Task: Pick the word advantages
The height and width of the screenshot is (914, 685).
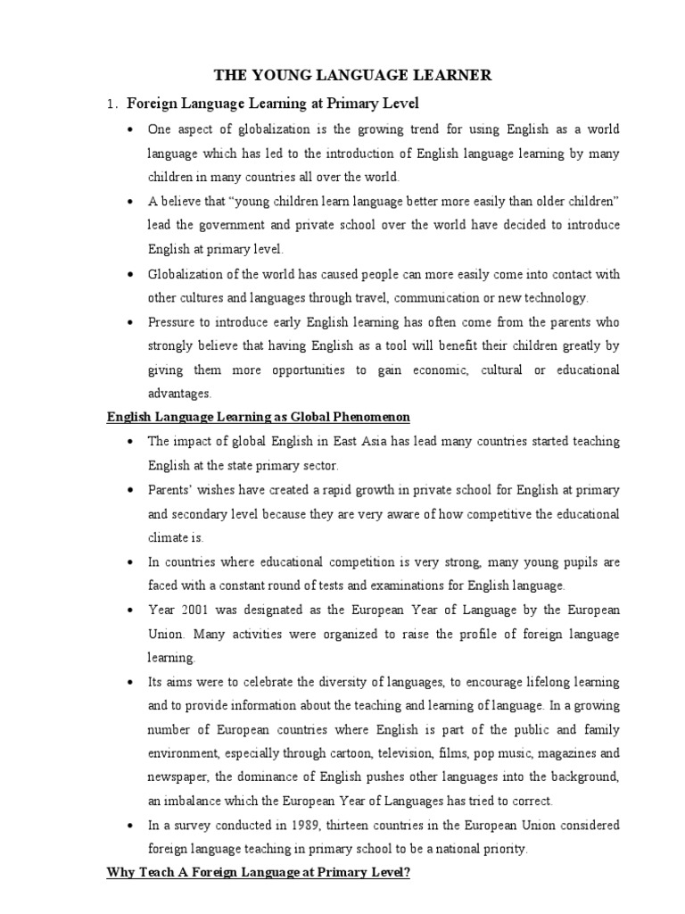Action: (179, 393)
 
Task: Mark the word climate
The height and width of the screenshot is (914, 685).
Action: (167, 538)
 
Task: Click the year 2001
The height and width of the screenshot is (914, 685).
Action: (197, 611)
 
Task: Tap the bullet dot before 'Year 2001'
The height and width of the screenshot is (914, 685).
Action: (131, 611)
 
